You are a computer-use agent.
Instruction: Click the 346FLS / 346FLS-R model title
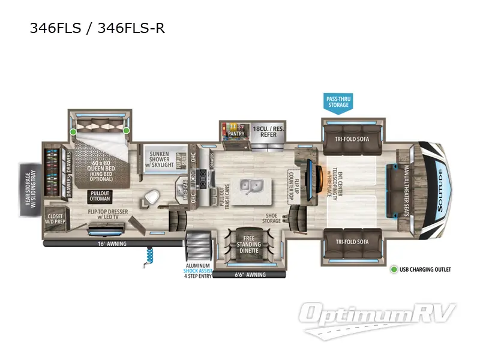pyautogui.click(x=97, y=28)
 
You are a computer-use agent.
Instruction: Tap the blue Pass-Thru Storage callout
pyautogui.click(x=338, y=102)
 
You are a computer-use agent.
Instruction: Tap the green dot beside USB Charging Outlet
pyautogui.click(x=394, y=269)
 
